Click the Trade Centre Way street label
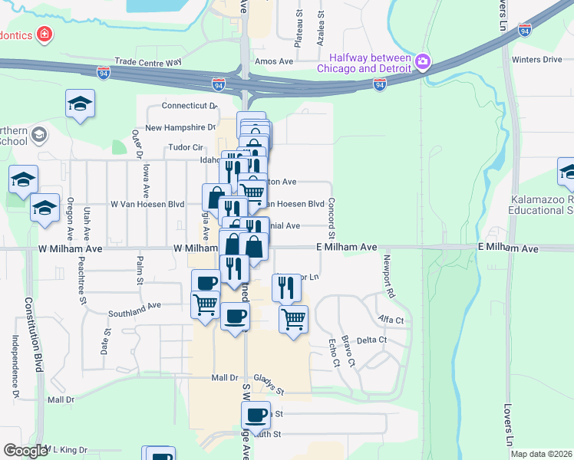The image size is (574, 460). click(147, 61)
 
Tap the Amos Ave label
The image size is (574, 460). click(275, 61)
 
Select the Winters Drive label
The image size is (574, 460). click(537, 59)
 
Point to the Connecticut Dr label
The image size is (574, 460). click(190, 106)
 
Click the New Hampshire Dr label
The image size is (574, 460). click(180, 127)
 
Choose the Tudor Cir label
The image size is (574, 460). click(186, 148)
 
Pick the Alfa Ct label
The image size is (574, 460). click(391, 319)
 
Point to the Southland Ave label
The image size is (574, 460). click(134, 305)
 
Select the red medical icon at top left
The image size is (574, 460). click(45, 34)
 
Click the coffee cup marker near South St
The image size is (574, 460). click(256, 416)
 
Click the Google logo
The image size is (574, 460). click(25, 451)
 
